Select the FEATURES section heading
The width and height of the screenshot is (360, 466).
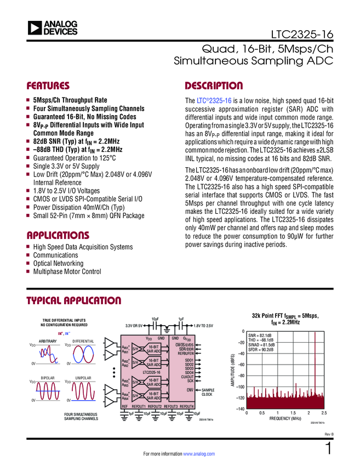48,86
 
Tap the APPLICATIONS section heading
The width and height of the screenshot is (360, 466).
58,235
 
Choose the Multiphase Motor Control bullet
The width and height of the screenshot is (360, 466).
67,271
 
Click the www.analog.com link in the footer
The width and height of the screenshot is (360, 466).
198,454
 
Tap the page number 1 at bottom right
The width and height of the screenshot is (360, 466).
329,450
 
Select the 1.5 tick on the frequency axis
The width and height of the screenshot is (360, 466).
293,412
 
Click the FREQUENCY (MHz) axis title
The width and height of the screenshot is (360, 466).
285,418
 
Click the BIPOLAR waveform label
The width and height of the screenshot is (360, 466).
48,378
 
